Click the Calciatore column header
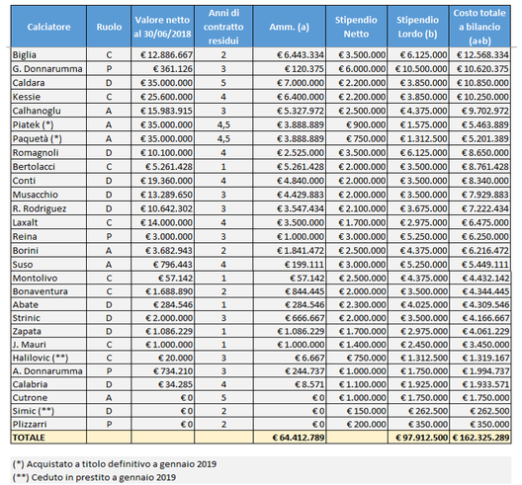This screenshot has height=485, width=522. [x=48, y=27]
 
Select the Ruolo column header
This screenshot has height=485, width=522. [x=109, y=27]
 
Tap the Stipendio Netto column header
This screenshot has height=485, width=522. [x=356, y=27]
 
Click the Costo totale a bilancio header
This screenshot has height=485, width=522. [x=479, y=27]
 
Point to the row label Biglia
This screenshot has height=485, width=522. [x=25, y=55]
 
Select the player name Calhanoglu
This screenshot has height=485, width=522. [x=37, y=111]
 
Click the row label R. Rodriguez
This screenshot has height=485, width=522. [x=40, y=208]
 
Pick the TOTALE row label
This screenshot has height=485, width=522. [x=29, y=438]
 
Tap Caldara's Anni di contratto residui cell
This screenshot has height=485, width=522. [x=223, y=83]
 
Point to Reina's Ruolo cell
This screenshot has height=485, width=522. [x=109, y=236]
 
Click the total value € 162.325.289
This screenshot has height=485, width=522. [x=480, y=438]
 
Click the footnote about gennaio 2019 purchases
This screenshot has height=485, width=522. [x=115, y=463]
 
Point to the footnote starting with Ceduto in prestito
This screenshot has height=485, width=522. [x=94, y=477]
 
